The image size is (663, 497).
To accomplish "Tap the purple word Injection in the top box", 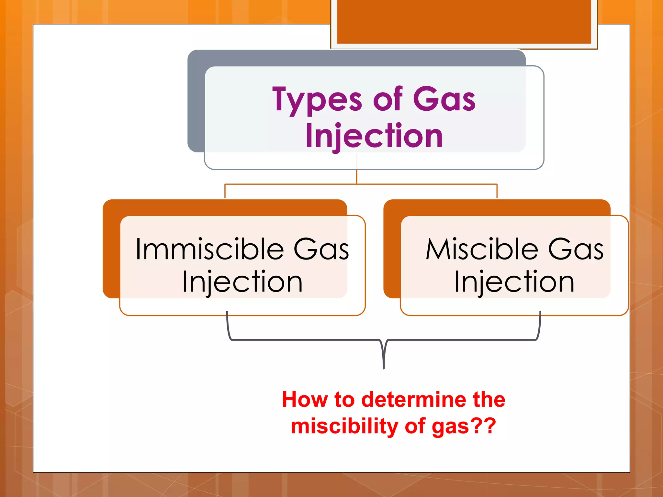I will (x=374, y=136).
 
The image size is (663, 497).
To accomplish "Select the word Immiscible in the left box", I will (x=209, y=249).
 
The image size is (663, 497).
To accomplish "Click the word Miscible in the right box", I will (x=482, y=249).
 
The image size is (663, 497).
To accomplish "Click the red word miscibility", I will (x=344, y=426).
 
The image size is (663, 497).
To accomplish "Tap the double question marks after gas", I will (x=484, y=426).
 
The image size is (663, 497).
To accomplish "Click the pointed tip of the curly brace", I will (x=384, y=367).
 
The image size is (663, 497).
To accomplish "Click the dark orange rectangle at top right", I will (x=464, y=21).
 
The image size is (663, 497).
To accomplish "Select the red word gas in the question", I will (x=450, y=426).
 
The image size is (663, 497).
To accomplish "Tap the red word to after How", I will (x=344, y=399).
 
